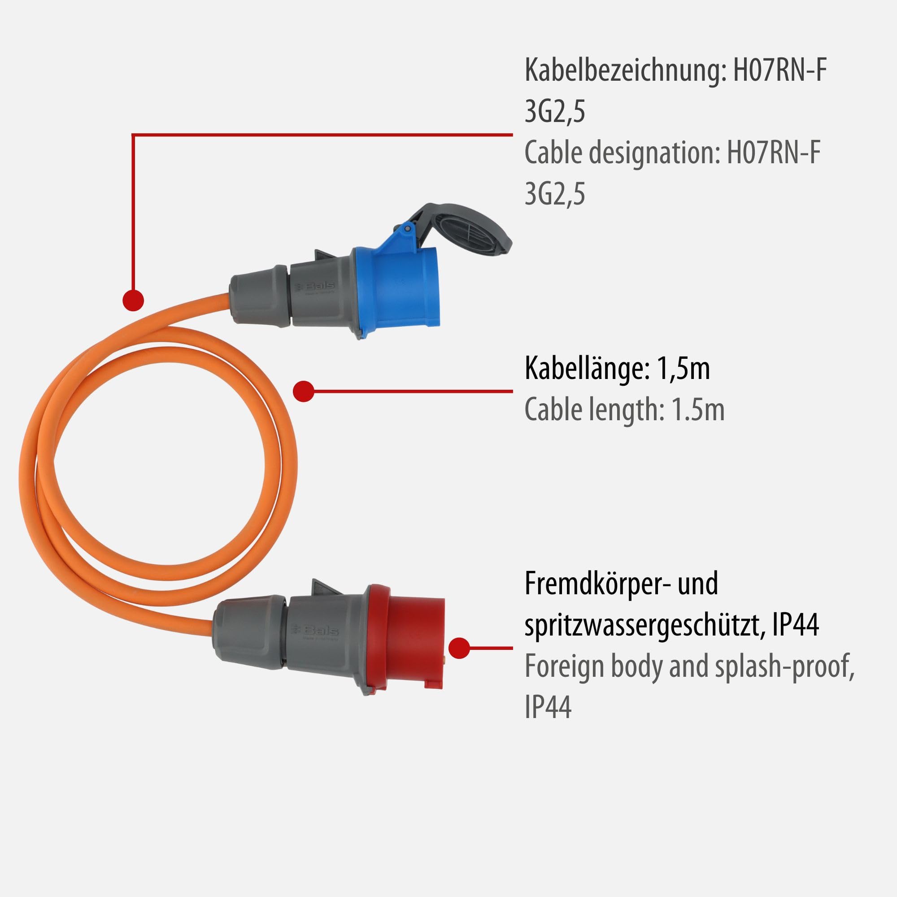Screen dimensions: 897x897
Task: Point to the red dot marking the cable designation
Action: tap(133, 300)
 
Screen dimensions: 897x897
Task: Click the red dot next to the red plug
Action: tap(459, 648)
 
